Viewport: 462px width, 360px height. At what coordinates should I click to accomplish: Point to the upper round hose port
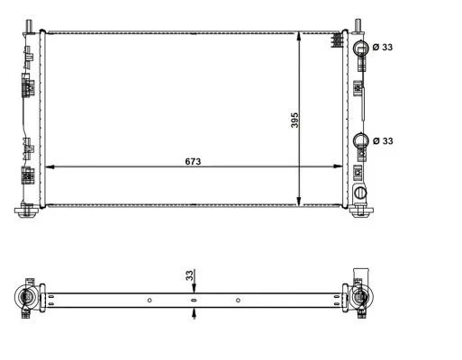tap(361, 47)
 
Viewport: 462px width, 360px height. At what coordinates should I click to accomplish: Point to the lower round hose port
tap(361, 140)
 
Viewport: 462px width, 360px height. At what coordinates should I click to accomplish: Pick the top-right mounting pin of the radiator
tap(358, 24)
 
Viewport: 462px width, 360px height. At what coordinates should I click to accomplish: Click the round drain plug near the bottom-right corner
tap(361, 193)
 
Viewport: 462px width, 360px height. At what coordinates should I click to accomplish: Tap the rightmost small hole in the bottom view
tap(238, 299)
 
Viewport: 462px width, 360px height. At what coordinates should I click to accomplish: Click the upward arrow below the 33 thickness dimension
tap(194, 314)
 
